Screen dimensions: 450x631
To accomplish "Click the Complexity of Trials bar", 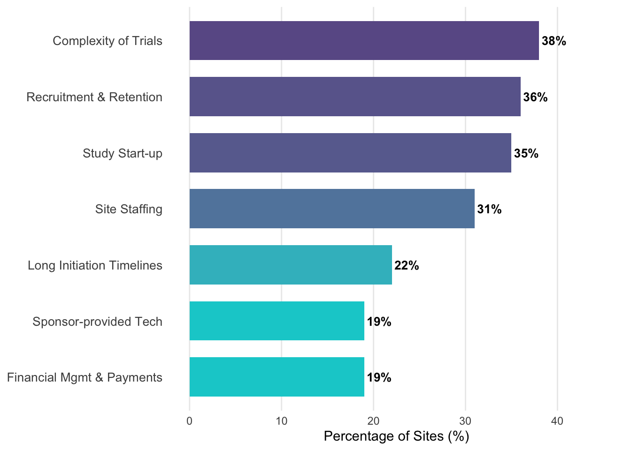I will pyautogui.click(x=364, y=41).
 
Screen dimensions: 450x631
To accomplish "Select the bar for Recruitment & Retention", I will pyautogui.click(x=355, y=97).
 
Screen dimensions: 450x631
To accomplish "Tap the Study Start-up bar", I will pyautogui.click(x=350, y=153).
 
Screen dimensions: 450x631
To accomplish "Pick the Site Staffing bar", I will pyautogui.click(x=332, y=209).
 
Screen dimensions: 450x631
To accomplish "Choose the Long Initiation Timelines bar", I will pyautogui.click(x=291, y=265).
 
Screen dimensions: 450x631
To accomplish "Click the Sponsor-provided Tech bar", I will pyautogui.click(x=277, y=321).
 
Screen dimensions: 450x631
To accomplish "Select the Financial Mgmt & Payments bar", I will pyautogui.click(x=277, y=377).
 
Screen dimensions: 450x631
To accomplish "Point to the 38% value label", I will pyautogui.click(x=554, y=41).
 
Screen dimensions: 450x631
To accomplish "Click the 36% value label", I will pyautogui.click(x=536, y=97).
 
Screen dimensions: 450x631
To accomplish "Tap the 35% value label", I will pyautogui.click(x=526, y=153).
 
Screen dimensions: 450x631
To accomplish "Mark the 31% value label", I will pyautogui.click(x=490, y=209).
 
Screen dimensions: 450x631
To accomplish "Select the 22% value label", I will pyautogui.click(x=407, y=266).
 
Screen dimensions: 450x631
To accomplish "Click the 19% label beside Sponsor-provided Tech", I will pyautogui.click(x=379, y=322).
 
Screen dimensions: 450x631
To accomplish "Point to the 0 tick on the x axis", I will pyautogui.click(x=190, y=421).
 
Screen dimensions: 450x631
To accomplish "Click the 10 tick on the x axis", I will pyautogui.click(x=282, y=421).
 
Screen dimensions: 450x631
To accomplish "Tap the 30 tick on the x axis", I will pyautogui.click(x=465, y=421).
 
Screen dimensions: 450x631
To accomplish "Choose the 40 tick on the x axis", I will pyautogui.click(x=557, y=421).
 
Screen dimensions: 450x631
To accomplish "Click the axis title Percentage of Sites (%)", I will pyautogui.click(x=397, y=436).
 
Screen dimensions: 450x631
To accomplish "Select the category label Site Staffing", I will pyautogui.click(x=129, y=209).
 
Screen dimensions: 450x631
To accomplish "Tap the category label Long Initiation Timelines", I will pyautogui.click(x=95, y=265).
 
